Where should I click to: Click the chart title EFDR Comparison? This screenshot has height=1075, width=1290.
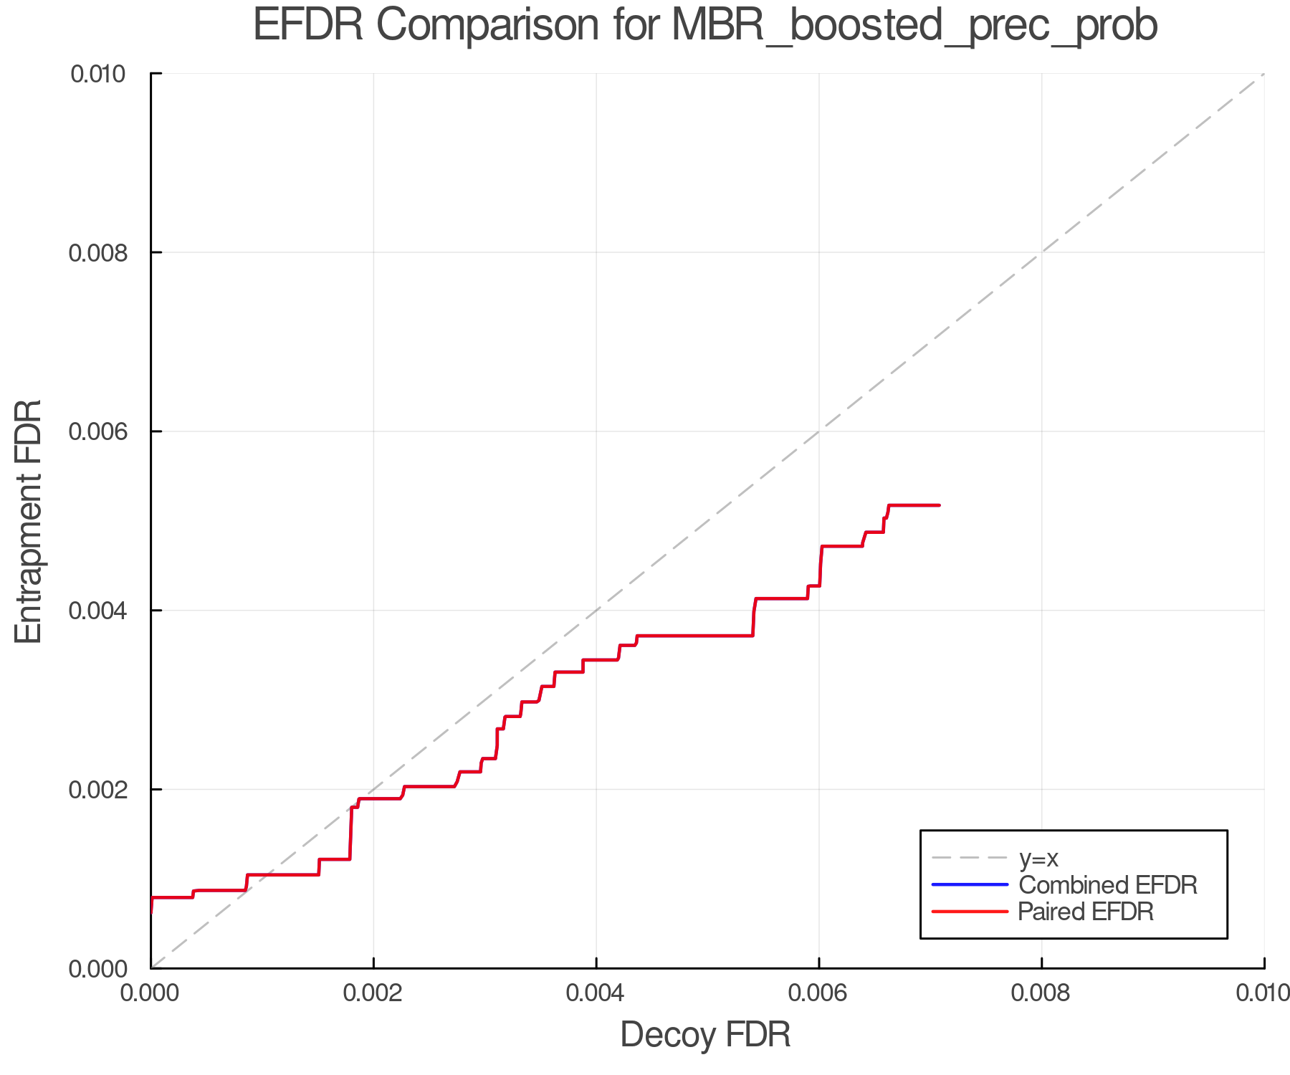705,26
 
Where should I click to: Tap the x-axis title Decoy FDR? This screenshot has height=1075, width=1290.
705,1035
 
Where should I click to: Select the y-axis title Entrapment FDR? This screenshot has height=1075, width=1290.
29,521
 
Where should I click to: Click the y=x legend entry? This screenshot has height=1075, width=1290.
1038,858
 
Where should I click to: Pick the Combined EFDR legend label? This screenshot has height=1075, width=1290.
1107,885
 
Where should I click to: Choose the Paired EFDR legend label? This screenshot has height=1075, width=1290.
1085,912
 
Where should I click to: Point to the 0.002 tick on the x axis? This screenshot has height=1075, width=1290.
373,993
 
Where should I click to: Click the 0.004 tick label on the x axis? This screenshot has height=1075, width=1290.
596,993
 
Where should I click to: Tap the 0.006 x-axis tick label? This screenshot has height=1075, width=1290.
819,993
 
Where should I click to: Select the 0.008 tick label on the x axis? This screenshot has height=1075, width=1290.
1041,993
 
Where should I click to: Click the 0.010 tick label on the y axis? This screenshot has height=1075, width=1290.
98,74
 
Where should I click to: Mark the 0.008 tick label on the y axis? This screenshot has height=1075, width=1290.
98,252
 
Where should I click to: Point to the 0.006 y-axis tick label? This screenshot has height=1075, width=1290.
98,431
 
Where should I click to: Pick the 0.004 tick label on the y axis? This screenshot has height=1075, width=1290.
98,611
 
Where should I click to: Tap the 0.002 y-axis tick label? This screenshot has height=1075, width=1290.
98,790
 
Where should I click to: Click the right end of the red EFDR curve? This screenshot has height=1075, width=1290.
938,505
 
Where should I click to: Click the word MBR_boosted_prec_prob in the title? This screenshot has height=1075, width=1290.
914,26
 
